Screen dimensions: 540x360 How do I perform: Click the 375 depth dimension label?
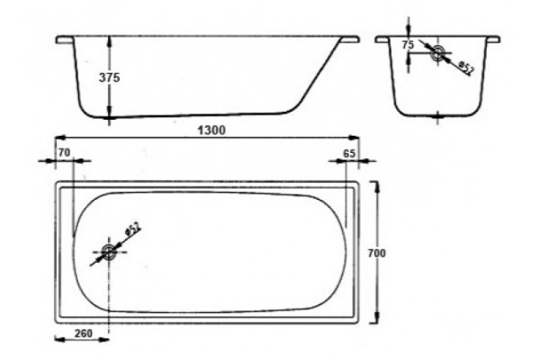[110, 78]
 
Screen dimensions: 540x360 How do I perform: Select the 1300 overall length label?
[211, 130]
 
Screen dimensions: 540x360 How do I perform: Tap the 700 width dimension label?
[377, 253]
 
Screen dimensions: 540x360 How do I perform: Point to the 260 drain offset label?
[84, 334]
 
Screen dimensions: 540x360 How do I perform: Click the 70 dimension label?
[64, 153]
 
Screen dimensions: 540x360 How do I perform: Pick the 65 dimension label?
[349, 153]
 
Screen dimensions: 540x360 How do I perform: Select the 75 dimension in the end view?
[408, 45]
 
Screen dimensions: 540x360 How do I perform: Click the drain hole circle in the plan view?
[109, 252]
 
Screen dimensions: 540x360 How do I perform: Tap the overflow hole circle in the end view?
[437, 53]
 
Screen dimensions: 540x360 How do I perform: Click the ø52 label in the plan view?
[133, 229]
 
